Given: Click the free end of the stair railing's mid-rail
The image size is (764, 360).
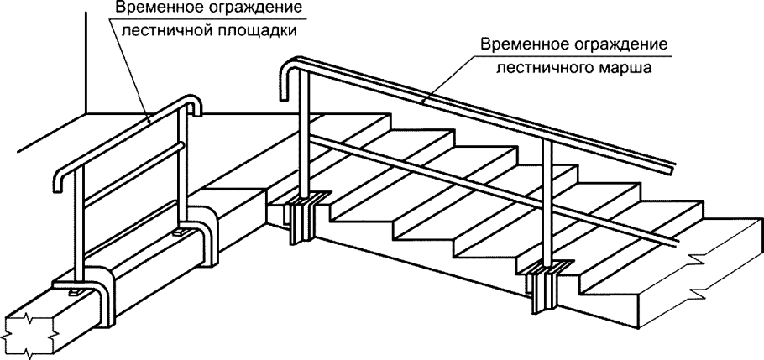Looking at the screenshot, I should [677, 244].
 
